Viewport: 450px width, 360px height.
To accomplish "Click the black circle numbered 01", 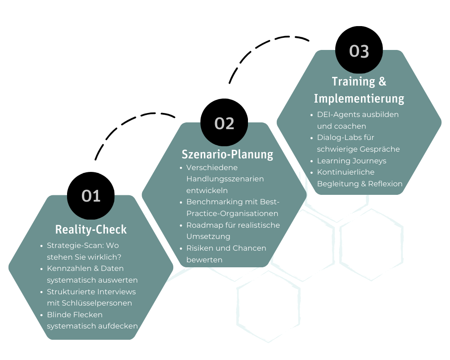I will pos(90,196).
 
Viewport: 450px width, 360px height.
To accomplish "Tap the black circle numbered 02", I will pos(224,123).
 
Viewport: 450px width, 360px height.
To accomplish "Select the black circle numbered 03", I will pos(359,50).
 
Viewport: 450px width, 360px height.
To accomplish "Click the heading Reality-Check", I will pos(91,229).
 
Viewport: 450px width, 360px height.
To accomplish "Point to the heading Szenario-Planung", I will pos(227,154).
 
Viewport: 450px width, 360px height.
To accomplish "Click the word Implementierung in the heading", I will pos(359,99).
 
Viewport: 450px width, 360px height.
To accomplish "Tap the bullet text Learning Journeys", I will pos(351,161).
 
